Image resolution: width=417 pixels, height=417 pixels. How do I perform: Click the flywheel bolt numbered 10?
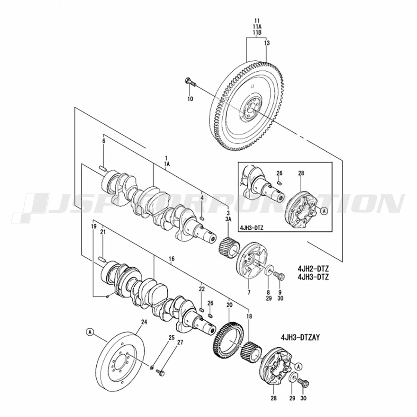(x=190, y=82)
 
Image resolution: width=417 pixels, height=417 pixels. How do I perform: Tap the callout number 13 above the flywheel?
(x=267, y=43)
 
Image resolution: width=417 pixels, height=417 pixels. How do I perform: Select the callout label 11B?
(x=256, y=32)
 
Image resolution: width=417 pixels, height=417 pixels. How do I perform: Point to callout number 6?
(x=104, y=141)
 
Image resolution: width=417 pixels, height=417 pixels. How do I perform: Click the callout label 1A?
(x=167, y=164)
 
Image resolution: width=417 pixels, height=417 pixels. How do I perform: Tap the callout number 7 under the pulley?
(x=249, y=293)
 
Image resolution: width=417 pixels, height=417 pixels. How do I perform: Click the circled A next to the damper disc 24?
(x=90, y=332)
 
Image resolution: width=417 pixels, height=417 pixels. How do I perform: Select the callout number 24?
(x=144, y=322)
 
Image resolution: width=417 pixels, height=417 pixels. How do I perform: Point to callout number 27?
(x=180, y=343)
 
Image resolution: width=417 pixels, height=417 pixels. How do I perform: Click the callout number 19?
(x=94, y=226)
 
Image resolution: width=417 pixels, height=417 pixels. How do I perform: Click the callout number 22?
(x=201, y=289)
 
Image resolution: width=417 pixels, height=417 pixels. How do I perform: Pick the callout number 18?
(x=250, y=317)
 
